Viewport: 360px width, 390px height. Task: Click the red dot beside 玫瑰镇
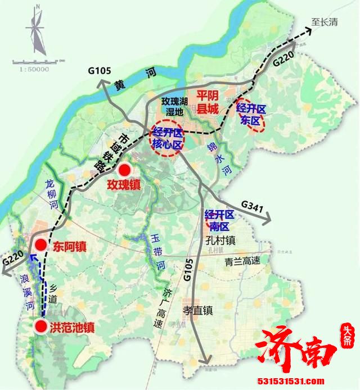[x=124, y=170]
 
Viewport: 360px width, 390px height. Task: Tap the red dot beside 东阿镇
[x=40, y=244]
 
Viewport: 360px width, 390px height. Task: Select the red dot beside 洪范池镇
[x=40, y=326]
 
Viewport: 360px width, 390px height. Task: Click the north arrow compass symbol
[x=36, y=31]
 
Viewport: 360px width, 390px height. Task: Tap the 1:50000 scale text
[x=34, y=69]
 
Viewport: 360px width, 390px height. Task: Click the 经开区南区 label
[x=220, y=220]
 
